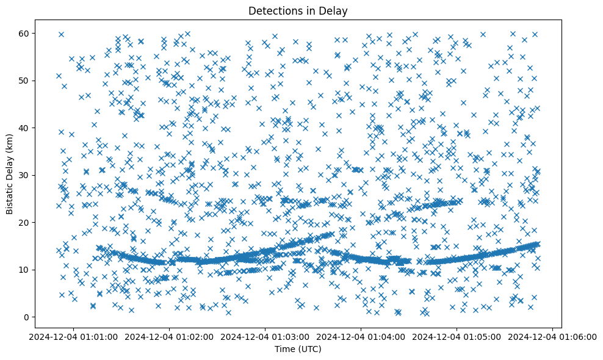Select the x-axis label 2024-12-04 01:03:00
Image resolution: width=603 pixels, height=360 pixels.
(265, 336)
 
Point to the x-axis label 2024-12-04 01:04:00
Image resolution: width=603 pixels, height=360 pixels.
(361, 336)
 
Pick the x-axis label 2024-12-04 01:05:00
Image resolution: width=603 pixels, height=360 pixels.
(457, 336)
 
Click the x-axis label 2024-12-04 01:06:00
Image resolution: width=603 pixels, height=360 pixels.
(552, 336)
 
